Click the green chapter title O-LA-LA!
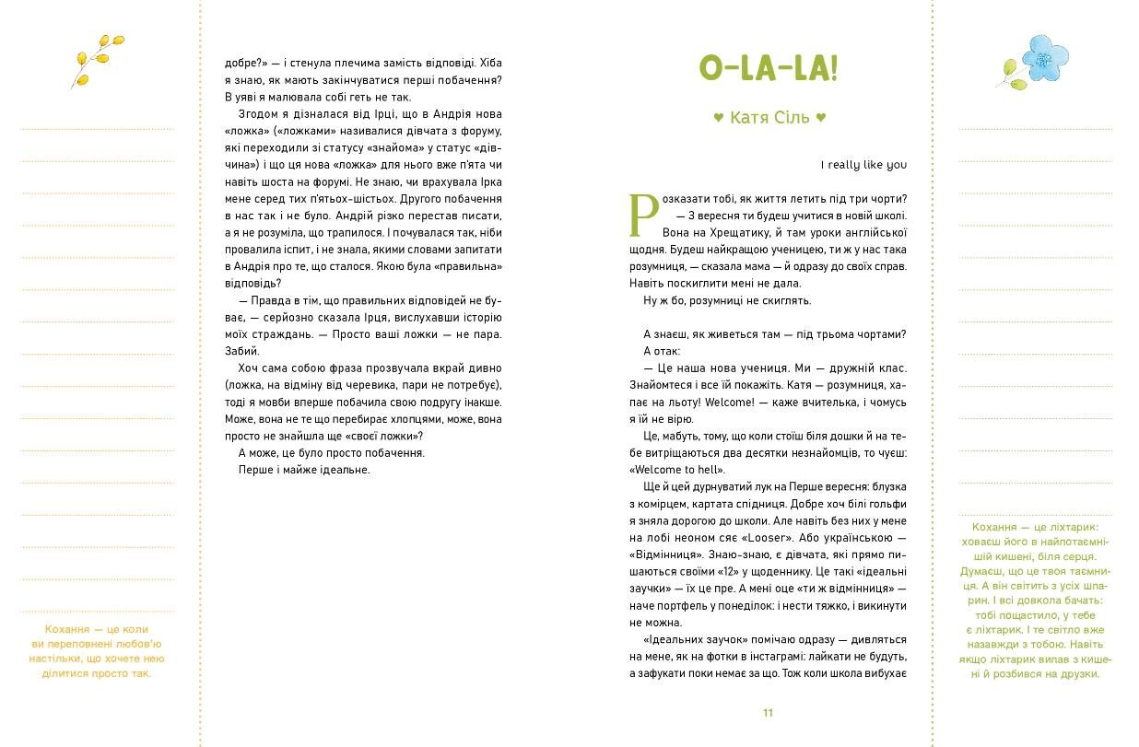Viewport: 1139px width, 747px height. [769, 68]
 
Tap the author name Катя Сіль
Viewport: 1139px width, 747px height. [769, 118]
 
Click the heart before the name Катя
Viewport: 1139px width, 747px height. [719, 118]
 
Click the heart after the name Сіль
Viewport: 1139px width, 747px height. [821, 118]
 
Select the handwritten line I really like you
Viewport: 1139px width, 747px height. [863, 165]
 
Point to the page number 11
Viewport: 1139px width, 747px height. [769, 713]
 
